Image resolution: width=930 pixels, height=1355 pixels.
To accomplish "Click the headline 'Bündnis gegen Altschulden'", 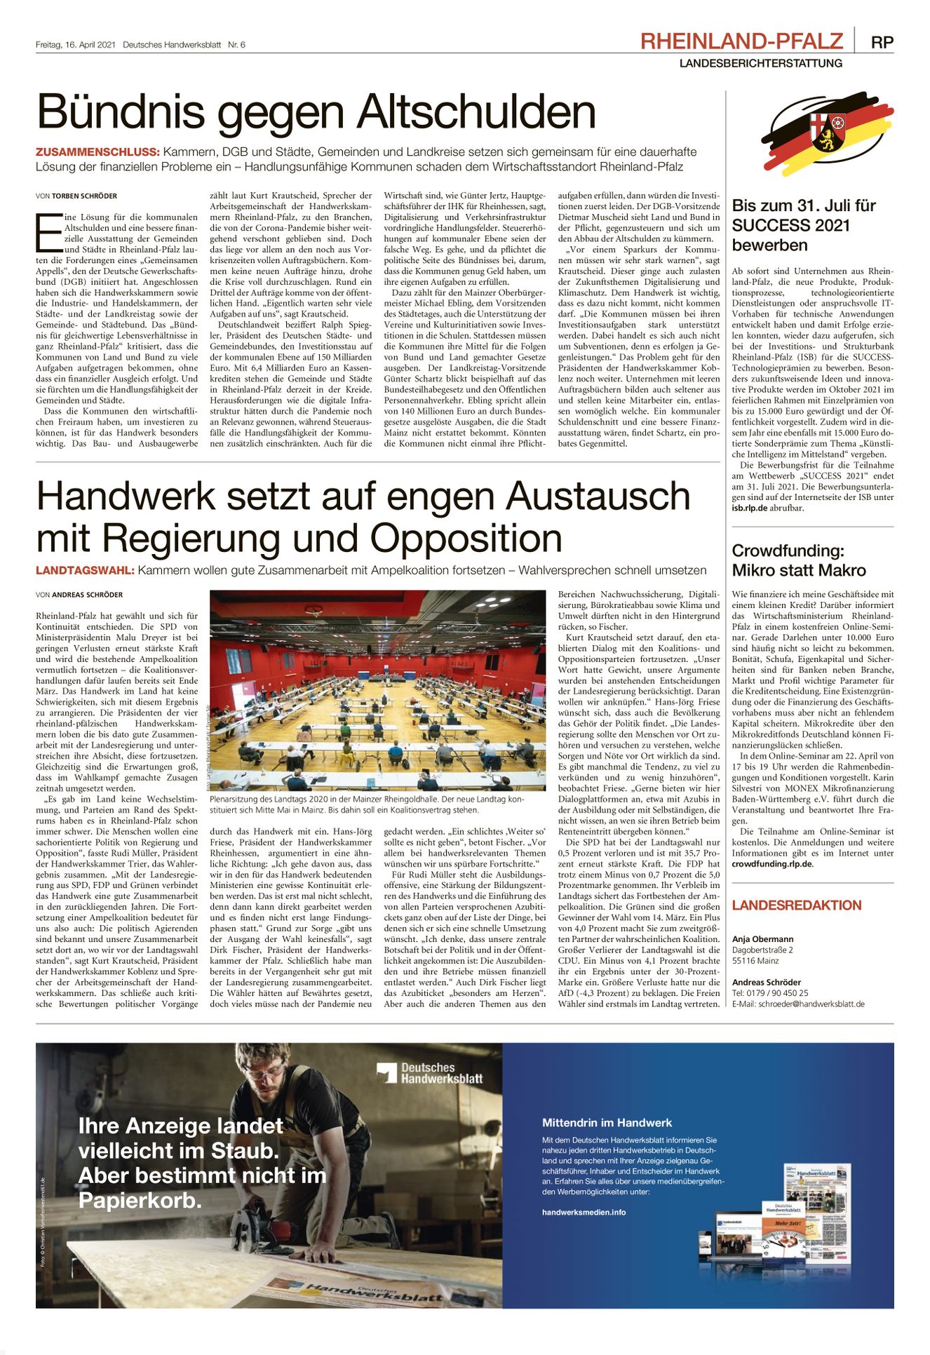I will click(x=316, y=112).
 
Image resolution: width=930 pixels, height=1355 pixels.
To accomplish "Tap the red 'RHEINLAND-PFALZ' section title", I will click(x=741, y=41).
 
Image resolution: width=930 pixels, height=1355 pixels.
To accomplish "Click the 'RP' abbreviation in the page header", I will click(x=882, y=42).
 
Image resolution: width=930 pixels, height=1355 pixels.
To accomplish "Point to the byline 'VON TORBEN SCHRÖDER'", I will click(x=76, y=196).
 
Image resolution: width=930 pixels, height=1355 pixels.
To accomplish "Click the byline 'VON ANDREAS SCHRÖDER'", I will click(x=79, y=595).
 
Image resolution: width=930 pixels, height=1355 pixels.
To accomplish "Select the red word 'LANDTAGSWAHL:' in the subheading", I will click(x=85, y=571).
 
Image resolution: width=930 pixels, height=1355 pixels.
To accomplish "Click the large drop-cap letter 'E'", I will click(x=48, y=232).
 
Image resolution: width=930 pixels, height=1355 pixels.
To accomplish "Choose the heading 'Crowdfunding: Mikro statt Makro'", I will click(x=799, y=560).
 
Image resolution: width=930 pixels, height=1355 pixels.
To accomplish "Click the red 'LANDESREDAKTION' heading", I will click(x=797, y=905).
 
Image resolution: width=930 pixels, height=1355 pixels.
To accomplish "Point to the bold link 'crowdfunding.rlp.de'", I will click(x=772, y=864).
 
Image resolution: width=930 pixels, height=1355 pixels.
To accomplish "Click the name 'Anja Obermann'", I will click(x=763, y=939).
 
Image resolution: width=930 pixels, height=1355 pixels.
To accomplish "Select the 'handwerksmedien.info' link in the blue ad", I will click(x=584, y=1212).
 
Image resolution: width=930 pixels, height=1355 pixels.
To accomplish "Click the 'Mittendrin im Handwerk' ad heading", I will click(x=607, y=1123).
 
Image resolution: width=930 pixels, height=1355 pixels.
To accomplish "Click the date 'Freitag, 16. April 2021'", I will click(x=75, y=45).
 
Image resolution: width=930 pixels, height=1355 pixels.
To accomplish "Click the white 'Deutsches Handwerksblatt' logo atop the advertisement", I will click(x=429, y=1073).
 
